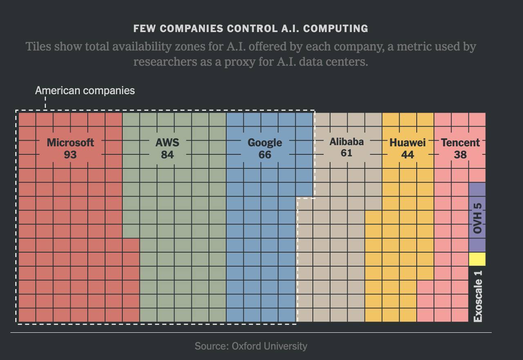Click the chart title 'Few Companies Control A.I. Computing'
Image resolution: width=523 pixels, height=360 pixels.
point(250,29)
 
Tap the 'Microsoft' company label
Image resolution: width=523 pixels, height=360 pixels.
point(70,143)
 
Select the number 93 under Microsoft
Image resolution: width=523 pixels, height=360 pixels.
point(70,155)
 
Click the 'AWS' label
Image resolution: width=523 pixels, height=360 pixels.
point(167,143)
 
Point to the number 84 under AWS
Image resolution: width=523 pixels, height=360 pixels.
point(167,155)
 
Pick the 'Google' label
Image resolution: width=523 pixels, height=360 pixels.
point(265,143)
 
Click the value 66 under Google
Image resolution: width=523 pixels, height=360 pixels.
point(265,155)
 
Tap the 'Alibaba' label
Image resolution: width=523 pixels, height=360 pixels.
point(346,142)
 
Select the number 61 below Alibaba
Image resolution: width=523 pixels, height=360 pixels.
point(346,153)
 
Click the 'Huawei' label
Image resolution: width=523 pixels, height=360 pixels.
point(407,143)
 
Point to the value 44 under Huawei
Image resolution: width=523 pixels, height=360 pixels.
point(407,155)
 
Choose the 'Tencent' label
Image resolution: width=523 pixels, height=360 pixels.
point(460,143)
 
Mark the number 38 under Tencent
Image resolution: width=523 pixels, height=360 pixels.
point(460,155)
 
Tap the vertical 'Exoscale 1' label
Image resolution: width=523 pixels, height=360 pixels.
point(478,296)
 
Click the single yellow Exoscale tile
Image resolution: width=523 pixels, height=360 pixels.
point(477,259)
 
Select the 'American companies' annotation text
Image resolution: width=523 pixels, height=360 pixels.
point(85,90)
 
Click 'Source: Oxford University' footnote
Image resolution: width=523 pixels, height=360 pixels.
point(250,346)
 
